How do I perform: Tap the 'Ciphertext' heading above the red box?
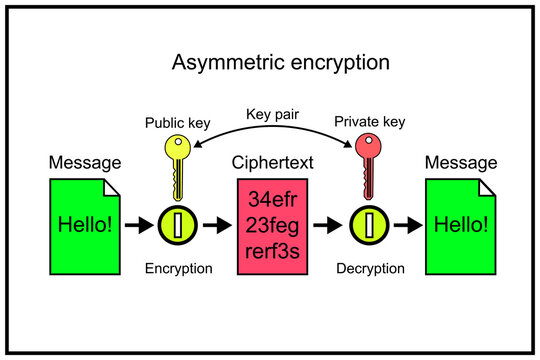(x=273, y=162)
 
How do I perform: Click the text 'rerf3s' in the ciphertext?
(x=273, y=250)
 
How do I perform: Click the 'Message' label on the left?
(x=85, y=162)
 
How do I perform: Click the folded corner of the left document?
(x=112, y=187)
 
